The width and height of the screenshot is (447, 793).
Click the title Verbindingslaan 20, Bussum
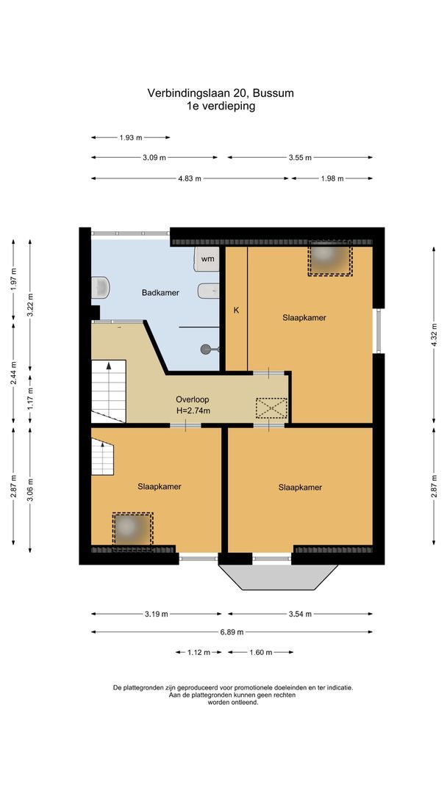click(221, 93)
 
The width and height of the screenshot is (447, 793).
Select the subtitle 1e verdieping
click(221, 106)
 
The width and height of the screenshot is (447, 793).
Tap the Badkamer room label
click(160, 293)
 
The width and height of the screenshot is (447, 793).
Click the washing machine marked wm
click(207, 258)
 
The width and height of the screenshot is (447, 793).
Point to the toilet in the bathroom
click(101, 287)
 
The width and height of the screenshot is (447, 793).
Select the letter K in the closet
click(236, 311)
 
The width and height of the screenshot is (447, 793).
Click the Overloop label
click(193, 399)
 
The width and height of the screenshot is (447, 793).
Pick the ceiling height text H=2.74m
click(193, 410)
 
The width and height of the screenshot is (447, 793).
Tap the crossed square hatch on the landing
click(271, 408)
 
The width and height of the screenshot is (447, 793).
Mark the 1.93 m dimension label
click(130, 137)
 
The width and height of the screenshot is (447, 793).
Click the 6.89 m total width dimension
click(231, 631)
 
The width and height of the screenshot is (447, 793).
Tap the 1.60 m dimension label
click(260, 652)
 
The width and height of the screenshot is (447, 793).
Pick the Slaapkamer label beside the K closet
click(304, 318)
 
